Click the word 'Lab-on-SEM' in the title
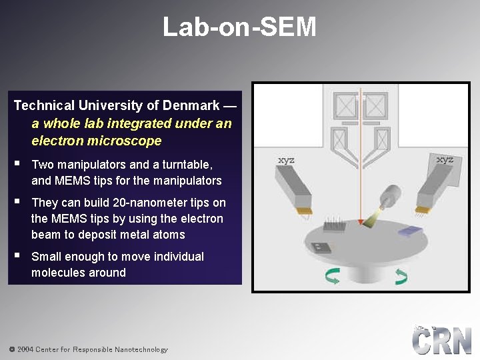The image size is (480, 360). tap(239, 27)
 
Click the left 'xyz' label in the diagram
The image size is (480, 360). tap(286, 160)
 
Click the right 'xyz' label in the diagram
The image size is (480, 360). tap(445, 159)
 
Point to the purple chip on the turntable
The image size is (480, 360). tap(410, 231)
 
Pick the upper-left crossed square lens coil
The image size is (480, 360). tap(345, 105)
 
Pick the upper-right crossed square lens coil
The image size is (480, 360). tap(376, 105)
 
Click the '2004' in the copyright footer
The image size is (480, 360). tap(25, 349)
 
